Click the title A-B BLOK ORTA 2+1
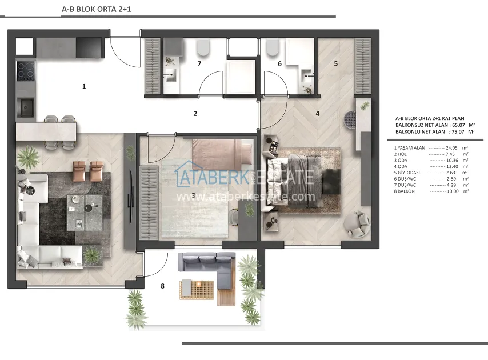(97, 9)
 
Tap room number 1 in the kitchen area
(84, 86)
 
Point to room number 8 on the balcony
(162, 286)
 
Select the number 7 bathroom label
(199, 63)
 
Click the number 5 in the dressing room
(335, 63)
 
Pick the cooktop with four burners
(26, 71)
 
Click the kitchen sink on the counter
(26, 107)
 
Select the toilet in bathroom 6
(273, 47)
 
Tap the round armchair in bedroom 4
(357, 224)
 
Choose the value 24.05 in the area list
(451, 148)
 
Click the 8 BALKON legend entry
(404, 191)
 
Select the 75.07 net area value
(458, 131)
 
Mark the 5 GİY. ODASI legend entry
(407, 173)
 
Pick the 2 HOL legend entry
(400, 154)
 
